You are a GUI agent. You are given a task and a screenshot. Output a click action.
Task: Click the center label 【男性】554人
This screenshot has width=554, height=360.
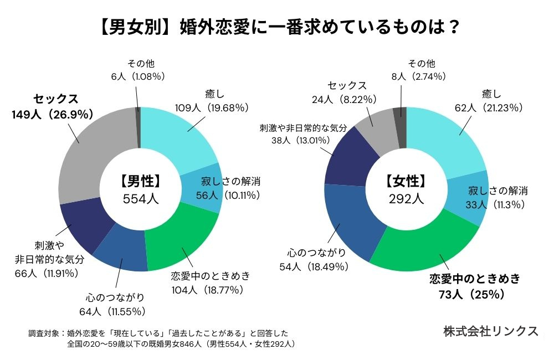click(140, 190)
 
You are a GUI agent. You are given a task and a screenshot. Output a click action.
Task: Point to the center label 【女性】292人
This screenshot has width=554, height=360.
click(406, 190)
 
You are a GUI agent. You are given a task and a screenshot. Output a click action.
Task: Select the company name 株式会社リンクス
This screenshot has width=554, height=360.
click(491, 331)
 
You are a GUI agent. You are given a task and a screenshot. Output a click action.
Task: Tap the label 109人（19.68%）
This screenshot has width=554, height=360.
click(211, 107)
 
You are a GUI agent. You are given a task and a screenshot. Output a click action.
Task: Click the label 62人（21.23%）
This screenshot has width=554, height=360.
click(486, 107)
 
